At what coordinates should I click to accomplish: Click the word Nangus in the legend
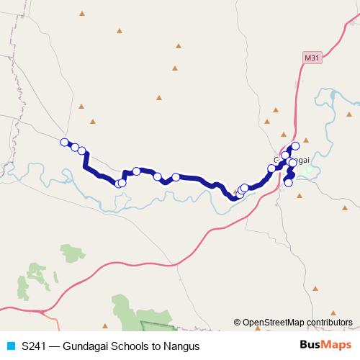180,346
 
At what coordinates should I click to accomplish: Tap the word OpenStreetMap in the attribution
274,322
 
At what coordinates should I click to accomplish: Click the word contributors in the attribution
330,322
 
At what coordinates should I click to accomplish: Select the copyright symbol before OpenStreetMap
238,322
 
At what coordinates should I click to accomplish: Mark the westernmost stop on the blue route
65,142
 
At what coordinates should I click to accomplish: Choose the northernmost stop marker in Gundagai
294,147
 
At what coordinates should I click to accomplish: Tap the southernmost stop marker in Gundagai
289,182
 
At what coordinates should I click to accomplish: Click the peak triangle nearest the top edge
81,13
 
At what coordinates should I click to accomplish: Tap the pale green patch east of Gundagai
310,171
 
